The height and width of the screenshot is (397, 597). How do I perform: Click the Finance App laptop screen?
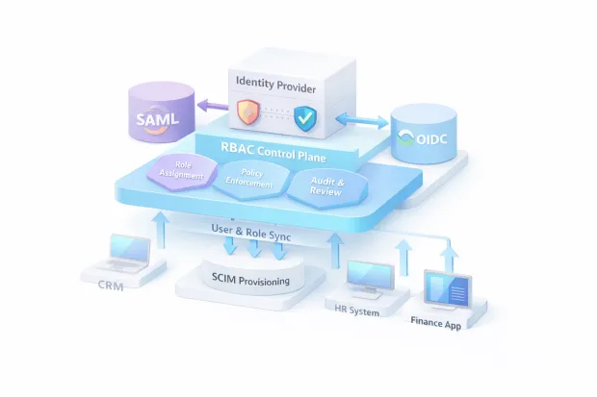click(447, 290)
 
